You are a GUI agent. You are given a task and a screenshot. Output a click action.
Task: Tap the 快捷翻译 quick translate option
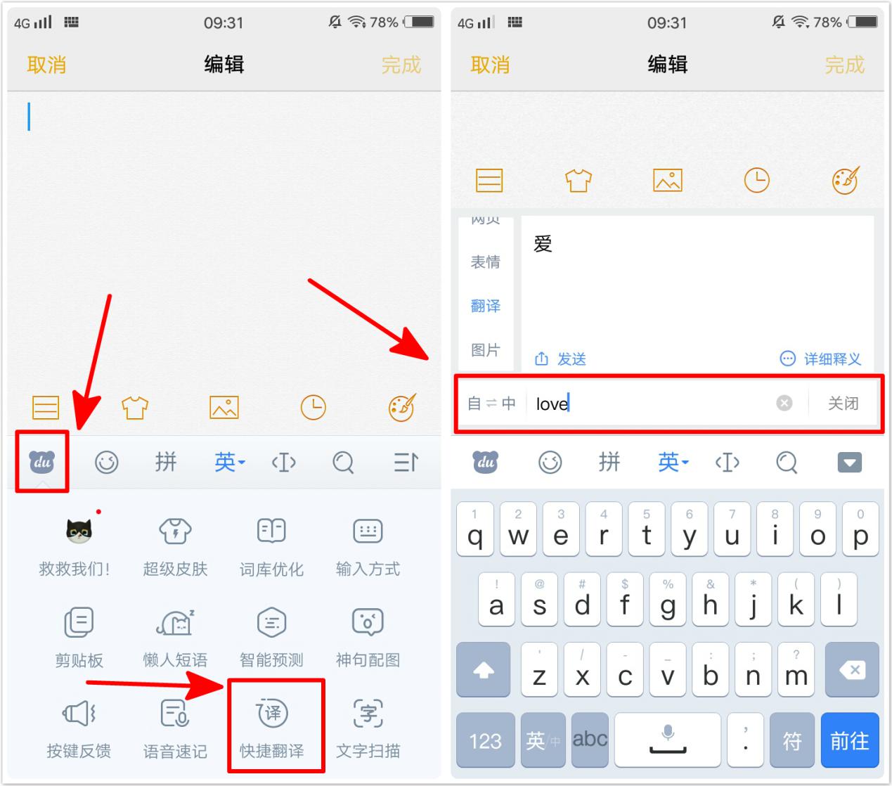coord(272,725)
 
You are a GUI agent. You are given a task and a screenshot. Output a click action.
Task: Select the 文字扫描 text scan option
coord(368,725)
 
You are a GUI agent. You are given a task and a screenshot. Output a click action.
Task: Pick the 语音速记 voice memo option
coord(175,725)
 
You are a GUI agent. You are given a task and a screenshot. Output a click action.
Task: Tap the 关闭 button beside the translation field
coord(843,403)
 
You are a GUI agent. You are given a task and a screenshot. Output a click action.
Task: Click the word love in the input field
coord(552,404)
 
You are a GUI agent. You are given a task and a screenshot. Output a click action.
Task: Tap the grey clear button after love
coord(784,403)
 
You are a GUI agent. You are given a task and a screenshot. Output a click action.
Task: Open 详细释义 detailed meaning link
coord(821,359)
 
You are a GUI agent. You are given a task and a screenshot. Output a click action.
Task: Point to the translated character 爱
coord(543,244)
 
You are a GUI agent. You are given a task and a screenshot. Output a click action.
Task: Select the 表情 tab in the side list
coord(486,262)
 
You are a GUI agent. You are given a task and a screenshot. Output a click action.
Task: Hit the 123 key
coord(485,740)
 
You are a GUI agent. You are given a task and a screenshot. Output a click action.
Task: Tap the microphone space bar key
coord(667,740)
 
